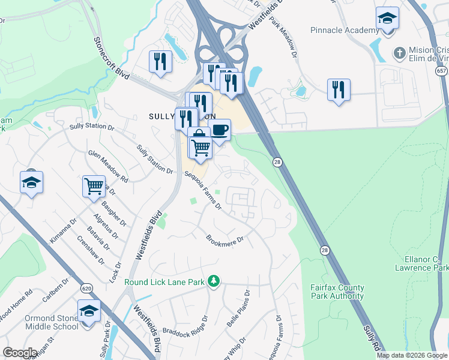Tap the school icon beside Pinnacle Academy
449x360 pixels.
pos(387,18)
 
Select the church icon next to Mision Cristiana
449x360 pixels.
pos(399,53)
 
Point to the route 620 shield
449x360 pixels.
pos(85,289)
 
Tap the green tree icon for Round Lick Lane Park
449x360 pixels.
pos(213,281)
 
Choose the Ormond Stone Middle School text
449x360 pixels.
pos(52,322)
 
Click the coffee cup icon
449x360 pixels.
pos(220,130)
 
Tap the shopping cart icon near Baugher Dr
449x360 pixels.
pos(94,186)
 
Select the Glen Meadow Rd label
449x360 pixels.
pos(108,166)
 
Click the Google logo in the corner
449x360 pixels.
pos(19,353)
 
